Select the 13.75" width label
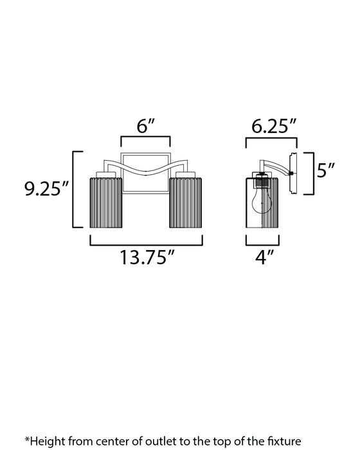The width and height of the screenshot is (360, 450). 147,260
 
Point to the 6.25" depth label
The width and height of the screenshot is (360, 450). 273,126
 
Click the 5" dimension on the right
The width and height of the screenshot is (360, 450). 327,171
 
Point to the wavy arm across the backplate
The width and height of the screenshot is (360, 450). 147,169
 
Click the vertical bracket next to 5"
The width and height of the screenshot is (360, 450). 310,174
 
